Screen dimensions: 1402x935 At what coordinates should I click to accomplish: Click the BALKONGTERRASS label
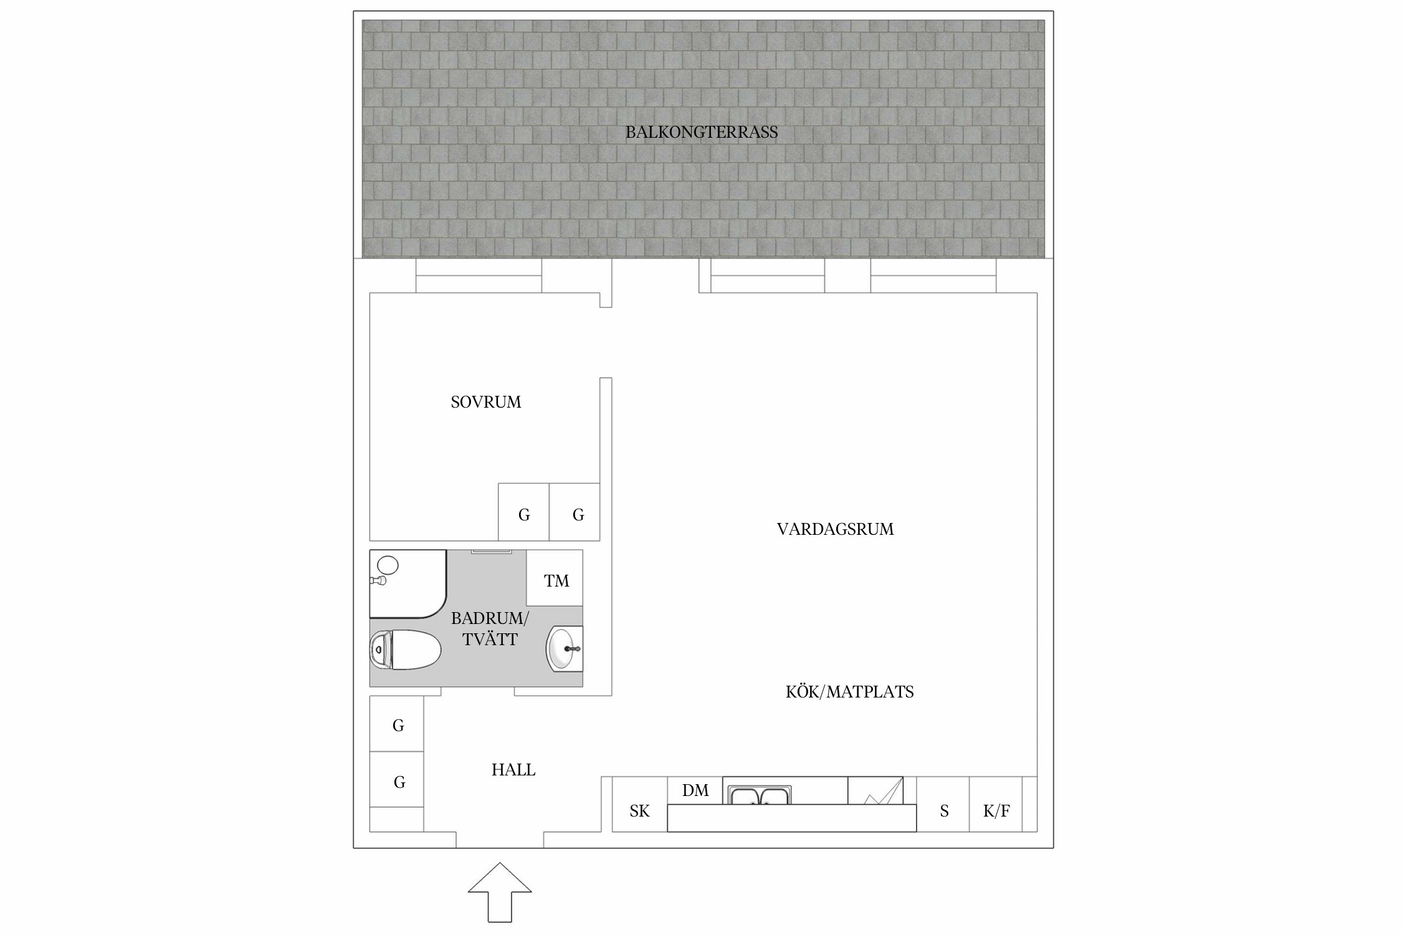(702, 132)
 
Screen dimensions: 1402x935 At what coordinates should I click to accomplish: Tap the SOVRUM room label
(486, 402)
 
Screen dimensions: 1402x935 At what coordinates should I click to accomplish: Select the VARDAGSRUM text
(835, 529)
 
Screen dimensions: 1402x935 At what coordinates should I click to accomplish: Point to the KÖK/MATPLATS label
(849, 692)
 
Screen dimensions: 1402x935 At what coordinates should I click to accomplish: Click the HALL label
(513, 770)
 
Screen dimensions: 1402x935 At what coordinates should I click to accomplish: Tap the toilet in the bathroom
(405, 650)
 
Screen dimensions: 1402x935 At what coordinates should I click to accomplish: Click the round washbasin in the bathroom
(564, 649)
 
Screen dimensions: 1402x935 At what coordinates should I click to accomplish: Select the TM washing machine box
(555, 578)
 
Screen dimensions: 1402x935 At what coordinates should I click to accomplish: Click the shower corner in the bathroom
(408, 584)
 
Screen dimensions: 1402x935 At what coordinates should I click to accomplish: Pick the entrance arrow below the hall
(500, 893)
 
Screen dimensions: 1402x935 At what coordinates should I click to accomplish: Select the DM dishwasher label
(695, 790)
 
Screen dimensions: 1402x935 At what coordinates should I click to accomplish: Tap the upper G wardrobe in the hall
(397, 724)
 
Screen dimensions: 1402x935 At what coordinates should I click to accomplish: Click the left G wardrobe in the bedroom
(523, 512)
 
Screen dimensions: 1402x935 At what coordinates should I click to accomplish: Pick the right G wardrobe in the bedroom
(575, 512)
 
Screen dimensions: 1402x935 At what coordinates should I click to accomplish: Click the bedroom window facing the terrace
(479, 276)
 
